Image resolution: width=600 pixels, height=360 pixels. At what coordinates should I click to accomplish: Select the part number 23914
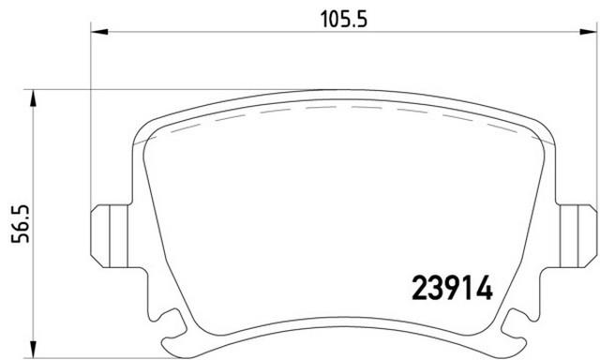coord(453,288)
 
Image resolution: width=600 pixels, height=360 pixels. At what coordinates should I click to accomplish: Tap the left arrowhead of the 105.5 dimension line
coord(97,32)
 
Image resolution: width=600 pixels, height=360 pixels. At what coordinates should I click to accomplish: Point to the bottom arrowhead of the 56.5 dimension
coord(35,352)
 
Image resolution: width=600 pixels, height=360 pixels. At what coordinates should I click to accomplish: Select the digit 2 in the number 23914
coord(421,288)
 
